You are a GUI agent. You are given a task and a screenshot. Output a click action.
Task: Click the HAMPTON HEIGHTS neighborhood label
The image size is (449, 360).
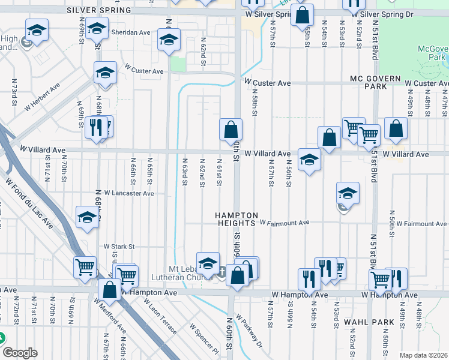tap(237, 220)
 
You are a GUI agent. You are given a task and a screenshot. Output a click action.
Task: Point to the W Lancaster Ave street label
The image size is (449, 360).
tap(129, 193)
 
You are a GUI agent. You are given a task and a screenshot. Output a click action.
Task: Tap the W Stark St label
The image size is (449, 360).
tap(119, 246)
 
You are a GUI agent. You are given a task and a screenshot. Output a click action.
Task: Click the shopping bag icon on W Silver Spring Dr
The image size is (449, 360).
tap(302, 14)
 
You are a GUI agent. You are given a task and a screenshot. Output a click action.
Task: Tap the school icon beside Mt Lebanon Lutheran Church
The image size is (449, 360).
tap(208, 263)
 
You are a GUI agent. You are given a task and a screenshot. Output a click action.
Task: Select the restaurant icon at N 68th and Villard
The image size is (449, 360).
tap(96, 127)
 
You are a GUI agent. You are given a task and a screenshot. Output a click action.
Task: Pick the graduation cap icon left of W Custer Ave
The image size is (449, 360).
tap(105, 73)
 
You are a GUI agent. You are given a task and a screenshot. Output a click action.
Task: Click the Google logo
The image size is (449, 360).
tap(20, 353)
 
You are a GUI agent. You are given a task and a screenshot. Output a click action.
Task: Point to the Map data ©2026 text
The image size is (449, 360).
tap(423, 355)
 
